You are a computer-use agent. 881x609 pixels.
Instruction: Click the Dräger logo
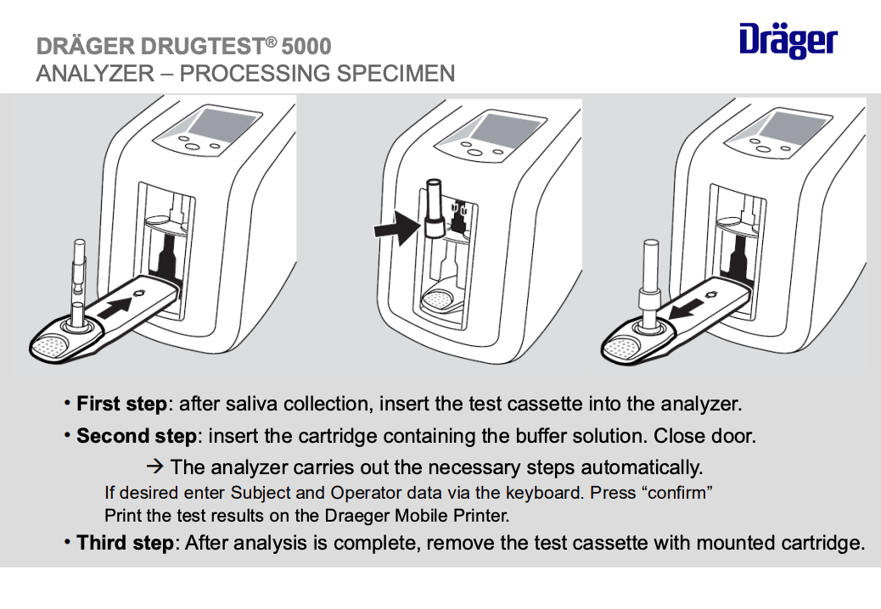point(788,42)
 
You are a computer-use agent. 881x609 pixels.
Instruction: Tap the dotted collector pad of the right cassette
point(624,346)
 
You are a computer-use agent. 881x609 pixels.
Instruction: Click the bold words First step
point(121,404)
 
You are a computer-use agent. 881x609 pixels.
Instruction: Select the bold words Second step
point(136,437)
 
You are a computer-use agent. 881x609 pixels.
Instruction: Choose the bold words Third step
point(125,543)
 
